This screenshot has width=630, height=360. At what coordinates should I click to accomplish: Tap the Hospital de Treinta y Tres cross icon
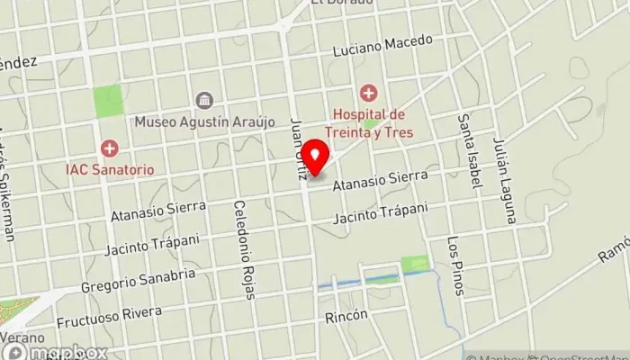pyautogui.click(x=368, y=93)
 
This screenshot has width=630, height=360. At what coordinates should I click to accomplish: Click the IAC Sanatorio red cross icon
pyautogui.click(x=109, y=148)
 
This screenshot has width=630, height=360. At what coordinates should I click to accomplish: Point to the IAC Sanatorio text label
pyautogui.click(x=109, y=168)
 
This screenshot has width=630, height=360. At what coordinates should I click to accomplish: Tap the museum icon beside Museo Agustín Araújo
pyautogui.click(x=204, y=100)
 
